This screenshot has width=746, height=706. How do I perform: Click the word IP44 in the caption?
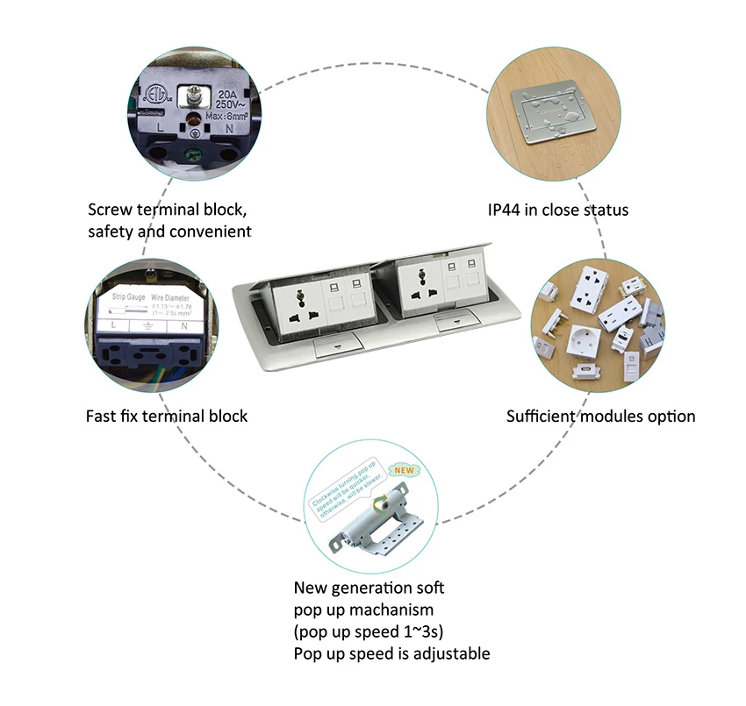pyautogui.click(x=507, y=210)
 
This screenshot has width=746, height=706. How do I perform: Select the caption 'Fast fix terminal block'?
pyautogui.click(x=167, y=416)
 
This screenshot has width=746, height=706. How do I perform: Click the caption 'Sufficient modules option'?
pyautogui.click(x=600, y=416)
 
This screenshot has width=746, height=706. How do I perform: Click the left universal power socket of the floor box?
pyautogui.click(x=302, y=308)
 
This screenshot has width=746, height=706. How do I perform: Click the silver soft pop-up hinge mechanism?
pyautogui.click(x=373, y=526)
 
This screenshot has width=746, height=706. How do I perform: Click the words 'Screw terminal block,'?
pyautogui.click(x=167, y=210)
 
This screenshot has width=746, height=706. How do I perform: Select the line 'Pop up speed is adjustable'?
pyautogui.click(x=391, y=653)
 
